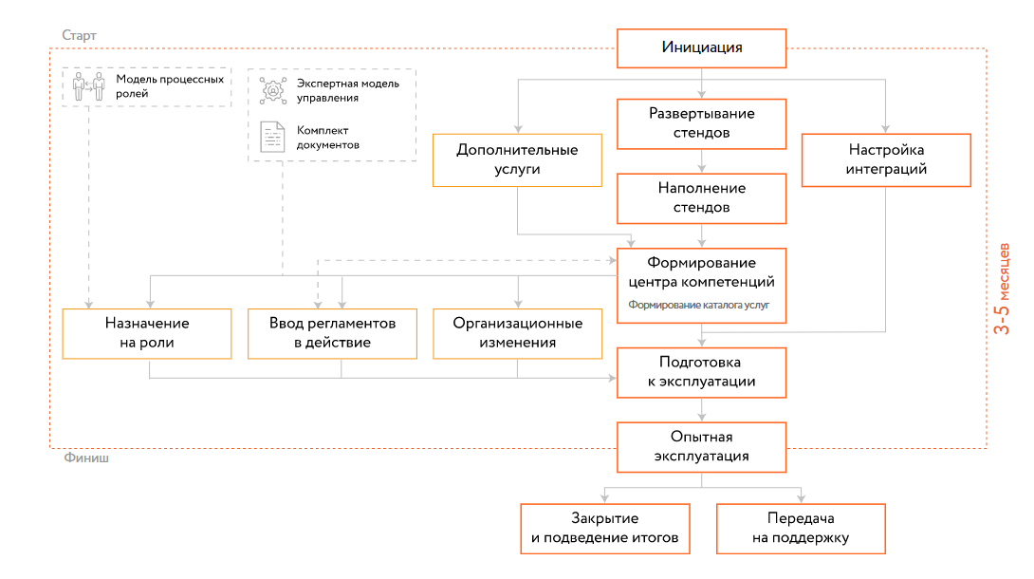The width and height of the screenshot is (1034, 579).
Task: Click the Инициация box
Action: click(x=701, y=47)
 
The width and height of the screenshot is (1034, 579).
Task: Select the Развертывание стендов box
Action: click(x=701, y=123)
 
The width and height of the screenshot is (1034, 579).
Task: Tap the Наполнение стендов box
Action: click(x=701, y=197)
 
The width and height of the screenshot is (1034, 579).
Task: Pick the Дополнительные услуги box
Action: click(x=517, y=159)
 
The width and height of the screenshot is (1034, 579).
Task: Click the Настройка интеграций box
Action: click(x=886, y=159)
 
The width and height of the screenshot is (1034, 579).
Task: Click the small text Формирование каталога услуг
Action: click(x=698, y=306)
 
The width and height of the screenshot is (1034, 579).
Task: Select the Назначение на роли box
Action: click(x=147, y=333)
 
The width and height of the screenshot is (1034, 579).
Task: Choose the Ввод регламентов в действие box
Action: click(x=332, y=333)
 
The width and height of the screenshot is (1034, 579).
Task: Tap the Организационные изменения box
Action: click(x=517, y=333)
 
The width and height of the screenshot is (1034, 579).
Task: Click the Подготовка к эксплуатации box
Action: click(x=701, y=372)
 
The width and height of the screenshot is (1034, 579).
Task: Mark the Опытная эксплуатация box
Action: click(x=701, y=446)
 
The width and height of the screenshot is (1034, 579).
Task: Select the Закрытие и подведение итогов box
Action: click(x=605, y=529)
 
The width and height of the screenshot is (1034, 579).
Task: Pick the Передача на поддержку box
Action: click(x=801, y=529)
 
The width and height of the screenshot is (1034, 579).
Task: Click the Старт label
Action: click(x=79, y=35)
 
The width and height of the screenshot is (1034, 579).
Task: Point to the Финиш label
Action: click(x=85, y=458)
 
